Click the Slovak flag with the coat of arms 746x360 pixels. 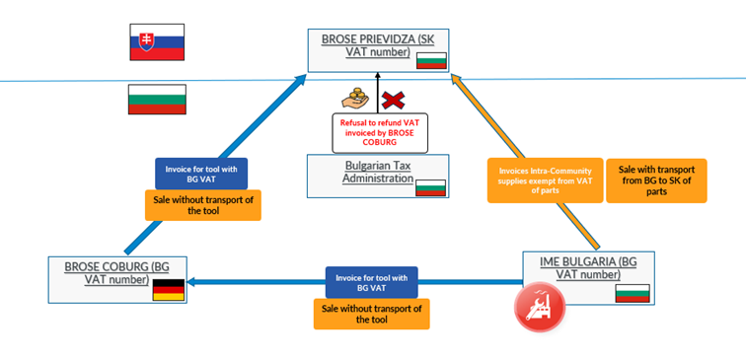tap(157, 42)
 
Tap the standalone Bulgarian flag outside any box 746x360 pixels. tap(157, 100)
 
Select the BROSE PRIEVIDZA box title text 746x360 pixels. tap(377, 46)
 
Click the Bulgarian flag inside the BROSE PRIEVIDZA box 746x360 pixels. tap(431, 60)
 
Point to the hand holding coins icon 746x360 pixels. tap(354, 98)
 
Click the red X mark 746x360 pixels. tap(395, 99)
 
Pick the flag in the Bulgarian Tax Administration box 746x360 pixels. tap(430, 186)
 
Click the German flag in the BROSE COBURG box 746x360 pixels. tap(168, 289)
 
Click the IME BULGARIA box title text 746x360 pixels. tap(588, 267)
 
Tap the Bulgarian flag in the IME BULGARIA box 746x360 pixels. tap(631, 294)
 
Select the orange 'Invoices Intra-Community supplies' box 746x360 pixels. tap(545, 180)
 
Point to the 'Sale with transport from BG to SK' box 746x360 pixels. tap(656, 180)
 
